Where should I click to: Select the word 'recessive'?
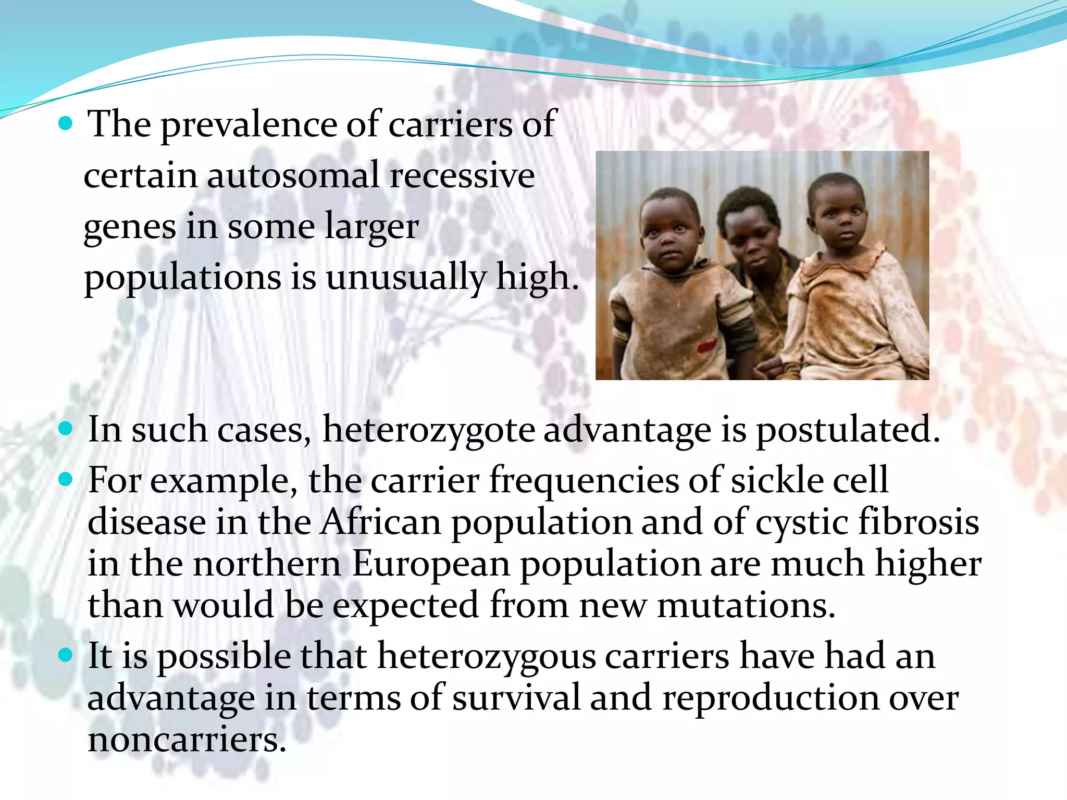[462, 175]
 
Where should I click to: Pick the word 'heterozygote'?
[428, 431]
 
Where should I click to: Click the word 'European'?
[431, 564]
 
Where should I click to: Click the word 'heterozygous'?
[486, 656]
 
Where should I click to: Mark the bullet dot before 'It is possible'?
[66, 655]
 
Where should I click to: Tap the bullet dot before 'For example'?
[66, 479]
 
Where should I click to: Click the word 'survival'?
[516, 698]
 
